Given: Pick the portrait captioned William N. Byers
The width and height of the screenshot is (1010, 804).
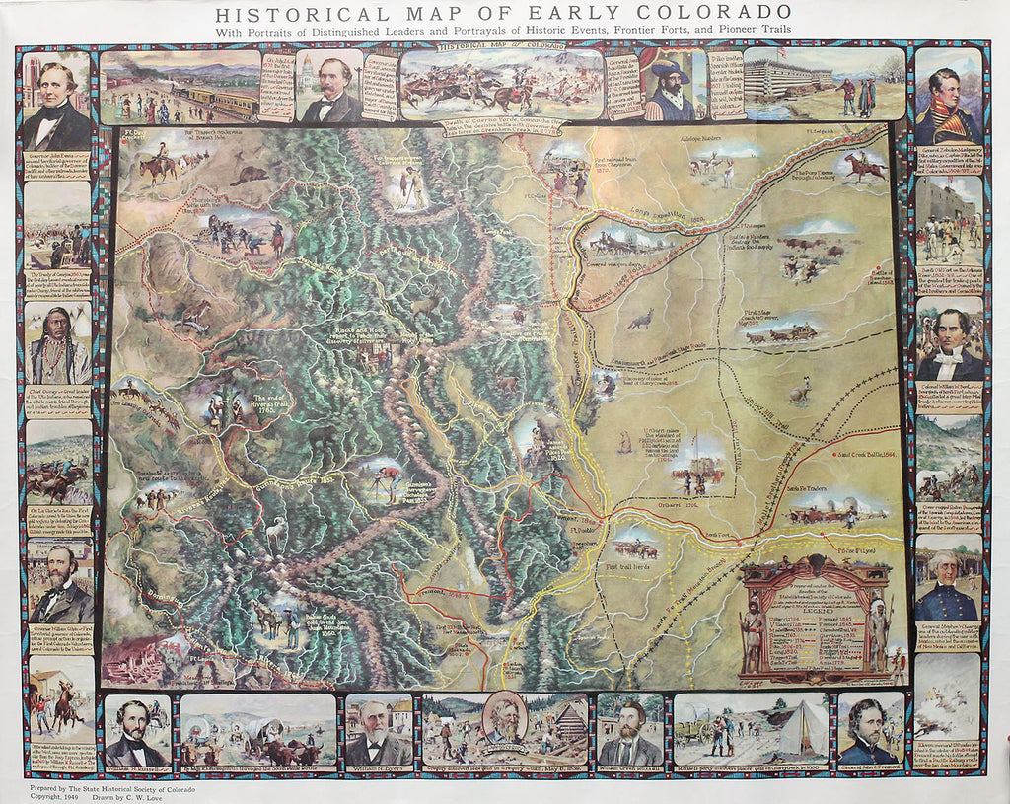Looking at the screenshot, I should [x=379, y=733].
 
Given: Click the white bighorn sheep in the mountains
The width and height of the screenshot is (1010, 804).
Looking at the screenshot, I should [x=276, y=533].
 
